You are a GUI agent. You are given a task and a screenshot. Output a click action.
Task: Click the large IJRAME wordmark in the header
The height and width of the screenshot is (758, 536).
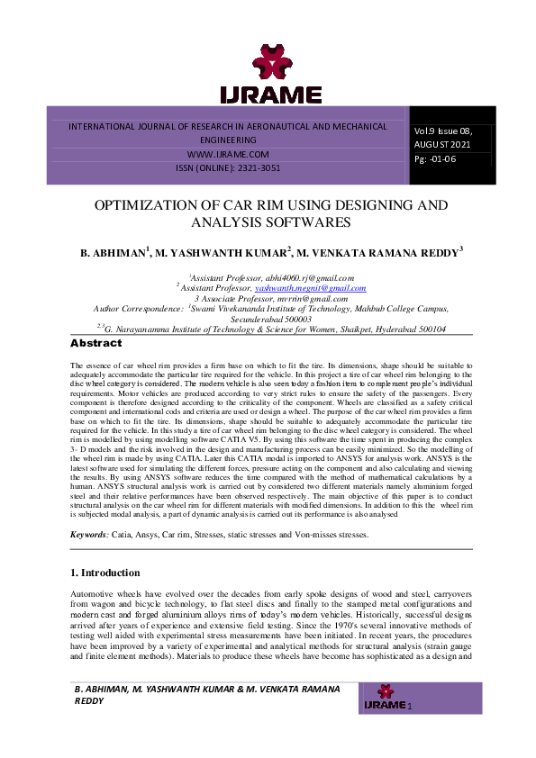[270, 95]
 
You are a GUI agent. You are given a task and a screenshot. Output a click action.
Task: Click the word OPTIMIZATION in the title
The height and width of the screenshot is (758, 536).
[151, 205]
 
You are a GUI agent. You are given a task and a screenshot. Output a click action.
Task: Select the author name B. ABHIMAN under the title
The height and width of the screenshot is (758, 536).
[113, 253]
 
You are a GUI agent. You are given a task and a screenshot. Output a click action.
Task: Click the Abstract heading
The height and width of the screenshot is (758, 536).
[95, 343]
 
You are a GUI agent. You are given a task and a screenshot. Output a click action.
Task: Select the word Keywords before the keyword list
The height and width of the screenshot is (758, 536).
[88, 509]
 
